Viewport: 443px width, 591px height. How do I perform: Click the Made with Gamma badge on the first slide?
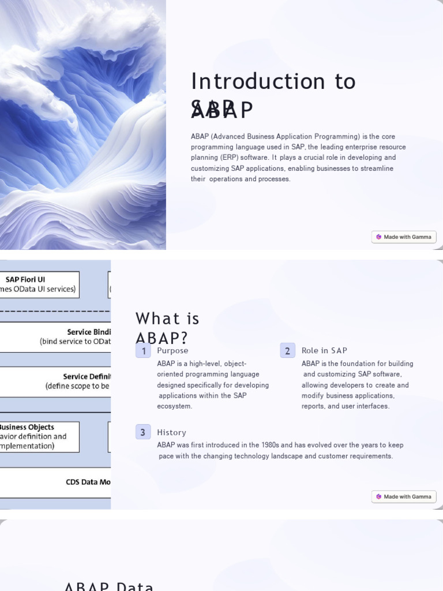click(x=404, y=237)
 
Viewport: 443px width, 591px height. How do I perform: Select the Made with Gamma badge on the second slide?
click(x=404, y=496)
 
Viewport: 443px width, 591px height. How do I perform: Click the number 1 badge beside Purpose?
click(x=143, y=351)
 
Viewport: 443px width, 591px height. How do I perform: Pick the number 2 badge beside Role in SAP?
click(x=287, y=351)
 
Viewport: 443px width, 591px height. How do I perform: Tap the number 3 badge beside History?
click(x=143, y=432)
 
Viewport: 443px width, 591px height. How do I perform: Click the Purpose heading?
click(x=172, y=351)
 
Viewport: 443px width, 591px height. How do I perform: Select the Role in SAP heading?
click(x=324, y=351)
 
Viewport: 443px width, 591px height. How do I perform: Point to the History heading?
click(x=171, y=432)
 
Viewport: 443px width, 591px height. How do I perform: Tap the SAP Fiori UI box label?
click(x=25, y=279)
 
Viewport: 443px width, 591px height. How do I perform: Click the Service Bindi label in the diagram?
click(x=88, y=332)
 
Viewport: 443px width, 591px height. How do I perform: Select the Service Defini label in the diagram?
click(x=87, y=376)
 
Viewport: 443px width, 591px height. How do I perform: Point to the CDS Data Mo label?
click(x=88, y=482)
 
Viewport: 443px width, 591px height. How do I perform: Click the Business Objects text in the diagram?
click(x=27, y=427)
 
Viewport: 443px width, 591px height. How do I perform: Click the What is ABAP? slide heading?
click(x=167, y=328)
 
